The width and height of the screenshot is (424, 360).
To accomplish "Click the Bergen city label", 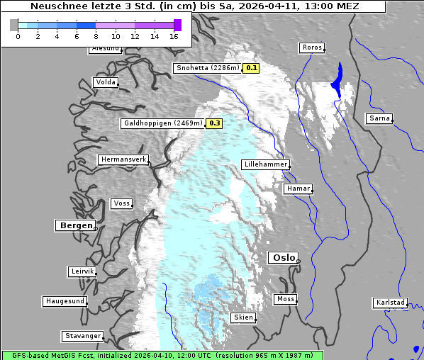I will coord(74,225).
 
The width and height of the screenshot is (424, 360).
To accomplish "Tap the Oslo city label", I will coord(283,258).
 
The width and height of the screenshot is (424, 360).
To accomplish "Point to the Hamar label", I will coord(297,189).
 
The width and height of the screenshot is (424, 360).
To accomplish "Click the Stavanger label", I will coord(82,336).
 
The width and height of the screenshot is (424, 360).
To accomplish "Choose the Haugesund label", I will coord(65,301).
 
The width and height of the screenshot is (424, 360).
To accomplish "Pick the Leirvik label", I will coord(82,272).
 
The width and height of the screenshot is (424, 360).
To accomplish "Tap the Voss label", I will coord(121,203).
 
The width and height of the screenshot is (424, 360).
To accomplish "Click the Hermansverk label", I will coord(123,160).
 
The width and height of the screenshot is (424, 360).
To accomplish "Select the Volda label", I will coord(105,82).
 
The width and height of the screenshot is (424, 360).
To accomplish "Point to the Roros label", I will coord(311,47).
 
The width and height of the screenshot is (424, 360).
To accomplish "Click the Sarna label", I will coord(379,118).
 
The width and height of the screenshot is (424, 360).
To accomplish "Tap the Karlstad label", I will coord(391,303).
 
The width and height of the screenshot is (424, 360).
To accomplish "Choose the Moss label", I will coord(285,299).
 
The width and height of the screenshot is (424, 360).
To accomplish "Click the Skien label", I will coord(242,317).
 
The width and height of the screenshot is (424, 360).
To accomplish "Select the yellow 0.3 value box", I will coord(214,123).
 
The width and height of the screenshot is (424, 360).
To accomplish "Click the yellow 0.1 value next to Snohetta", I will coord(252,69).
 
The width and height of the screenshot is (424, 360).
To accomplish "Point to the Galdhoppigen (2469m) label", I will coord(163,123).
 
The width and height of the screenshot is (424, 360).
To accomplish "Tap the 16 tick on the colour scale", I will coord(174,35).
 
